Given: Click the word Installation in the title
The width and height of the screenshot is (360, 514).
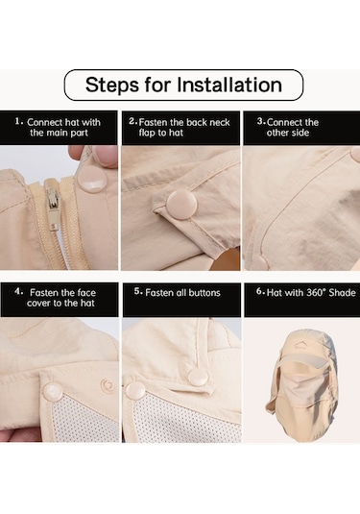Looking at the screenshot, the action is [229, 85].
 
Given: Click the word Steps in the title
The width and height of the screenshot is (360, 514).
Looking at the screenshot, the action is [112, 86].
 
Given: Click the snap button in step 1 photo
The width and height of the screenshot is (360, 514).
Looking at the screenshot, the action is [92, 180].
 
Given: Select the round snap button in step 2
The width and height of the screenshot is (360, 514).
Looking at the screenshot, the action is [181, 206].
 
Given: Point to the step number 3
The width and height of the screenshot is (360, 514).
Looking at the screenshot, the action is [260, 122].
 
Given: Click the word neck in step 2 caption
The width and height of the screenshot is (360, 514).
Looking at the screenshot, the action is [220, 122].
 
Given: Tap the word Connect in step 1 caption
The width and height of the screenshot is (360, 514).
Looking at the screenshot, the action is [45, 122].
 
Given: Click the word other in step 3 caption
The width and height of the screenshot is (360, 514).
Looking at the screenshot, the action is [276, 133].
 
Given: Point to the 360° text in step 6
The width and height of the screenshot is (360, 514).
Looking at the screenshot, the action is [316, 292].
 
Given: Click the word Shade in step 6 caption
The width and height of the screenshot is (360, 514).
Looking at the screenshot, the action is [343, 292].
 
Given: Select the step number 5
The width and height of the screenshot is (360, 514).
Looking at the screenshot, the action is [138, 292].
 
